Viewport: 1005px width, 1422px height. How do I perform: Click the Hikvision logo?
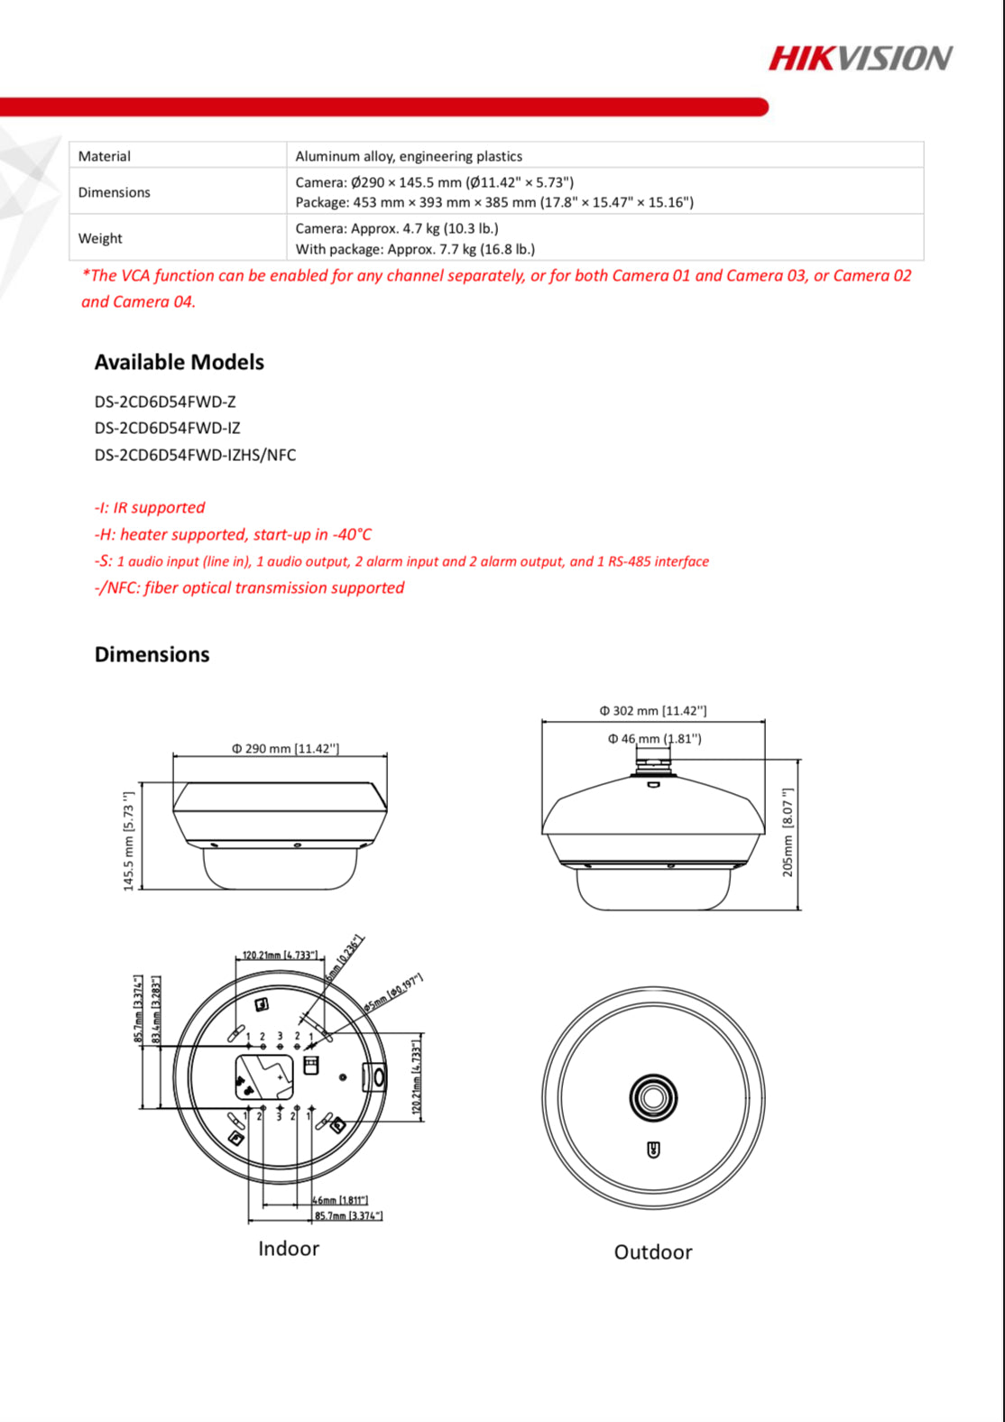point(860,59)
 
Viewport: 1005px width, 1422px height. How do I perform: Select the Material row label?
point(105,156)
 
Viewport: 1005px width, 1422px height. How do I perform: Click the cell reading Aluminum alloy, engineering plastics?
point(409,156)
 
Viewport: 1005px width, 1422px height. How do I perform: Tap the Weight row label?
point(100,238)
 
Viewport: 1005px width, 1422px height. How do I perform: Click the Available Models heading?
point(179,362)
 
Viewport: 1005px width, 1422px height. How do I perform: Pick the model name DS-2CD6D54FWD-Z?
point(165,402)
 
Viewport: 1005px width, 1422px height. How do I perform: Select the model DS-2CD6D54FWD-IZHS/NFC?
point(195,455)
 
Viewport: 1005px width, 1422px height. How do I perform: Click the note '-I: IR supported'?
point(150,507)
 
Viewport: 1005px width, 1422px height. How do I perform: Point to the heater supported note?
point(233,534)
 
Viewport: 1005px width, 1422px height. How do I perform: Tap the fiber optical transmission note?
point(250,587)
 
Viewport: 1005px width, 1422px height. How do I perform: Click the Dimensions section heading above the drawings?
point(152,654)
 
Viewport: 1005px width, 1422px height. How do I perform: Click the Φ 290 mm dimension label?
point(285,748)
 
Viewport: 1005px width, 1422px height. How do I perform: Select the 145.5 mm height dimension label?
point(128,841)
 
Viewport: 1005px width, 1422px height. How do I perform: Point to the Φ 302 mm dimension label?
point(653,711)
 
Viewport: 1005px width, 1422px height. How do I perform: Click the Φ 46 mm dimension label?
point(654,739)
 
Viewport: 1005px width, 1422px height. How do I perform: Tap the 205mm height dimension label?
point(788,832)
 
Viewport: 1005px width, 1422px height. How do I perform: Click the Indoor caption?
point(289,1249)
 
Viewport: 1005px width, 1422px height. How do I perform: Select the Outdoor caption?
point(653,1252)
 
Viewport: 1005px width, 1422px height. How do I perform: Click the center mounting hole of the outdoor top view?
point(652,1097)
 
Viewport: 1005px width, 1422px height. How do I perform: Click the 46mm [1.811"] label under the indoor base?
point(340,1200)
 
